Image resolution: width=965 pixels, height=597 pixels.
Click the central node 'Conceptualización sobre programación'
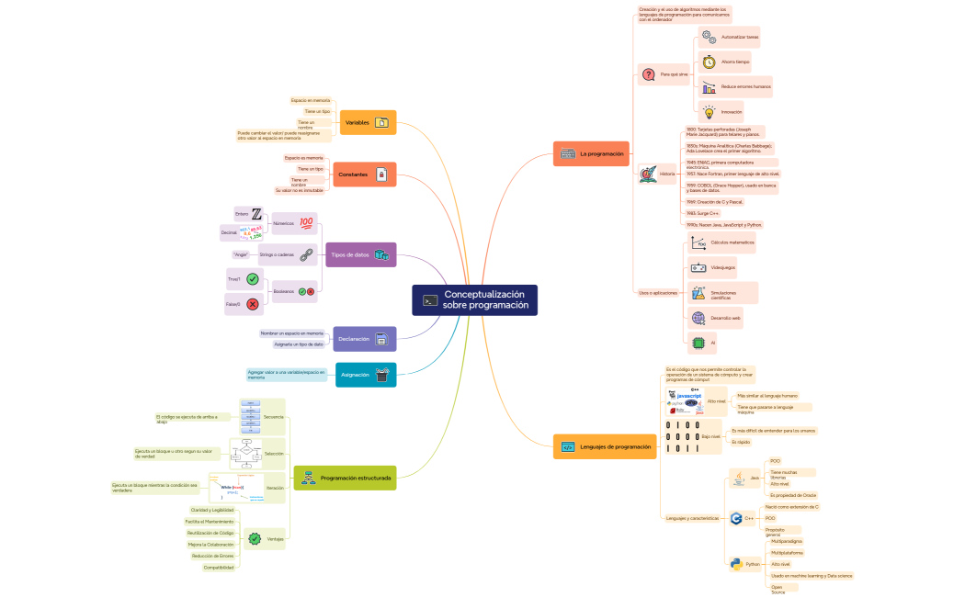(474, 299)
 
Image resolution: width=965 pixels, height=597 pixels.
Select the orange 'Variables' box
(368, 122)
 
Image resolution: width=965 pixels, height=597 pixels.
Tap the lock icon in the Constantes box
(380, 175)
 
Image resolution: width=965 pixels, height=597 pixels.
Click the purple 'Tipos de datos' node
(360, 254)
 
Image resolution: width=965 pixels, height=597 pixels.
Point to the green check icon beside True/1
(252, 278)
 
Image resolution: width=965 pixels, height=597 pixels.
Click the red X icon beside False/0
(252, 303)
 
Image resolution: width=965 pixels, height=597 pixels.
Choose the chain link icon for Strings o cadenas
(306, 253)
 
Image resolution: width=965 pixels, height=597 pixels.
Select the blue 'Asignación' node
(366, 375)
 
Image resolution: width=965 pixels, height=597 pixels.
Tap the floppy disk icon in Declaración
(380, 339)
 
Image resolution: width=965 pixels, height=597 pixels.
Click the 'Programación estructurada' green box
(346, 478)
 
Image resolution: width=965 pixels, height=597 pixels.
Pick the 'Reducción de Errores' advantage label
(212, 556)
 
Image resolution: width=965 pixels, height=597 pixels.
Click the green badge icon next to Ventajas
(255, 539)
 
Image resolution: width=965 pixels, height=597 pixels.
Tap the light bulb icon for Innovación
(709, 112)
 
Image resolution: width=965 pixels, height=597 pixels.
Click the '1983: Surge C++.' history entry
(702, 212)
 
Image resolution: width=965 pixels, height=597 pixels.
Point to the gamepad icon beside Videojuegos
(698, 267)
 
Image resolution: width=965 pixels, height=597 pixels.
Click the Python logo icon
(735, 564)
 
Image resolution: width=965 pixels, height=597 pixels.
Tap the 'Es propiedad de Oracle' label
(793, 495)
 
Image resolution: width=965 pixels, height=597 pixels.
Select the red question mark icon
(648, 74)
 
